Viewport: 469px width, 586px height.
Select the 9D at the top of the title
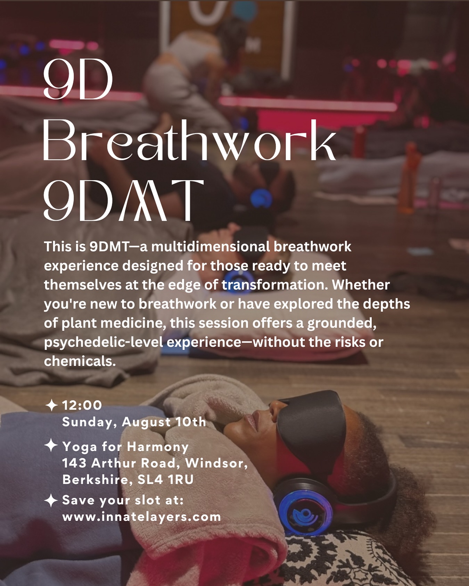click(x=78, y=80)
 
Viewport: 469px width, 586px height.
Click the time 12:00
click(x=82, y=405)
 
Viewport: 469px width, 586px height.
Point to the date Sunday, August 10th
click(x=134, y=422)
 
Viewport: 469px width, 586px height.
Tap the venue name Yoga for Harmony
click(x=125, y=446)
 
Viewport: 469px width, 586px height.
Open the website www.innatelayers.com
click(x=142, y=517)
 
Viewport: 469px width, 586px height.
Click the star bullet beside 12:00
click(x=51, y=405)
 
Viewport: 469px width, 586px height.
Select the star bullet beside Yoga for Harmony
click(x=51, y=445)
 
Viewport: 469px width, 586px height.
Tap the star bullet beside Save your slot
click(x=51, y=500)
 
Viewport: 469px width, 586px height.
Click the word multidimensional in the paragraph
click(x=211, y=247)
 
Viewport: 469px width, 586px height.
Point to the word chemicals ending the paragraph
click(x=80, y=361)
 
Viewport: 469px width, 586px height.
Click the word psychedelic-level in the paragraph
click(x=103, y=342)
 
